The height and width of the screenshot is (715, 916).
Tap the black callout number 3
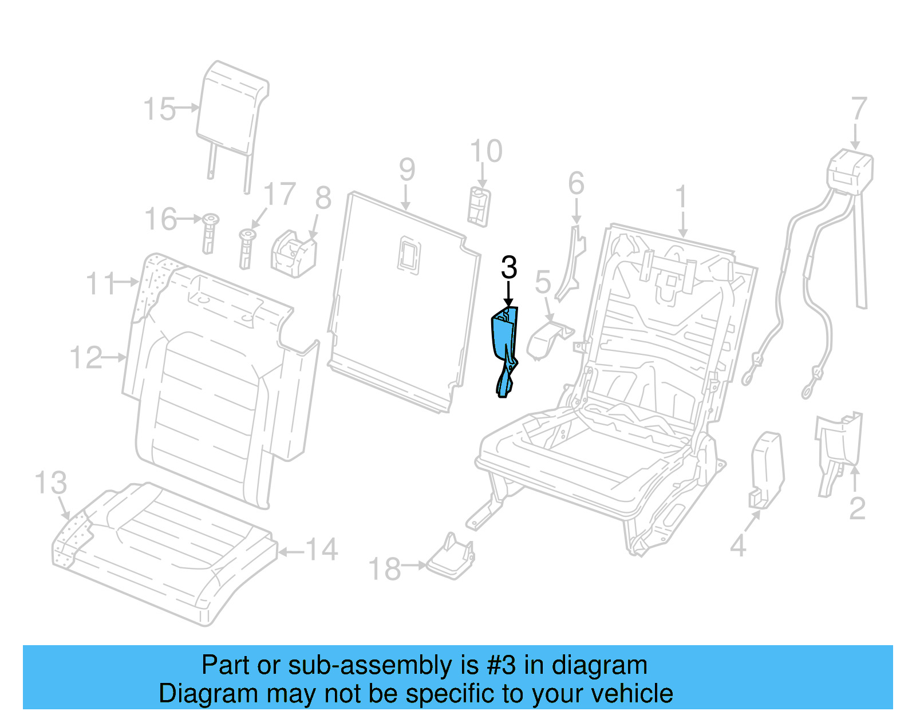509,268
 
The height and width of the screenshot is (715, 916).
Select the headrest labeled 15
232,109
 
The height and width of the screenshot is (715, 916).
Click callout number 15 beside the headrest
159,109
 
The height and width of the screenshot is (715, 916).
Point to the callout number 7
859,109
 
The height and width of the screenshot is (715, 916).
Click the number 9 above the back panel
406,169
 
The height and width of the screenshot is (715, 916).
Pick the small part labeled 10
479,206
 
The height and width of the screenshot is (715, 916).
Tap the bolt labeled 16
210,233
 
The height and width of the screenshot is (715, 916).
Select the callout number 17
280,195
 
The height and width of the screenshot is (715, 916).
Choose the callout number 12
86,358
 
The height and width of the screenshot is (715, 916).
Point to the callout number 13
51,483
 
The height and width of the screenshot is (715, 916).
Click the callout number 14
322,550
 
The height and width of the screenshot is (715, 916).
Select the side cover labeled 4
766,469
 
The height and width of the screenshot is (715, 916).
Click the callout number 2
857,508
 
